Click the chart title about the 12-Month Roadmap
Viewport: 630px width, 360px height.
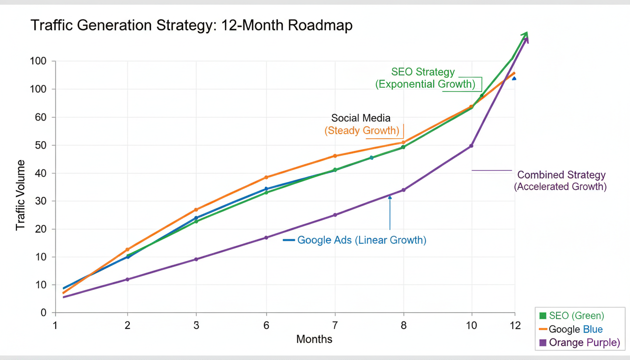click(x=191, y=26)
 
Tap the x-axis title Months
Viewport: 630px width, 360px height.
click(x=314, y=339)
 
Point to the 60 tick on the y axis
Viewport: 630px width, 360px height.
click(x=40, y=117)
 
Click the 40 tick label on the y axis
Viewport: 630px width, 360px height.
click(x=40, y=173)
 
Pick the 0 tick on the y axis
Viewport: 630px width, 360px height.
click(x=43, y=313)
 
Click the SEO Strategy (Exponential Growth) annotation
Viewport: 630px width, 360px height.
click(x=425, y=78)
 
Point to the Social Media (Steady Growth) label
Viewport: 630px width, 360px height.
click(x=361, y=124)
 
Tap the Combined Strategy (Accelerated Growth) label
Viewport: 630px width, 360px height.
click(x=561, y=180)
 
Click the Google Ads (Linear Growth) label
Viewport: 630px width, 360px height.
click(x=361, y=240)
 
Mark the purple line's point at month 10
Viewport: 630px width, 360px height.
click(x=471, y=146)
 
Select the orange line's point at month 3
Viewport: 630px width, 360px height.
click(x=196, y=210)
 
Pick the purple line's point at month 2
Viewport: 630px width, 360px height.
click(x=127, y=279)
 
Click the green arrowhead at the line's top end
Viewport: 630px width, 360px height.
click(x=525, y=35)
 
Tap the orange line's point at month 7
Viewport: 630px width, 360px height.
click(x=335, y=156)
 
